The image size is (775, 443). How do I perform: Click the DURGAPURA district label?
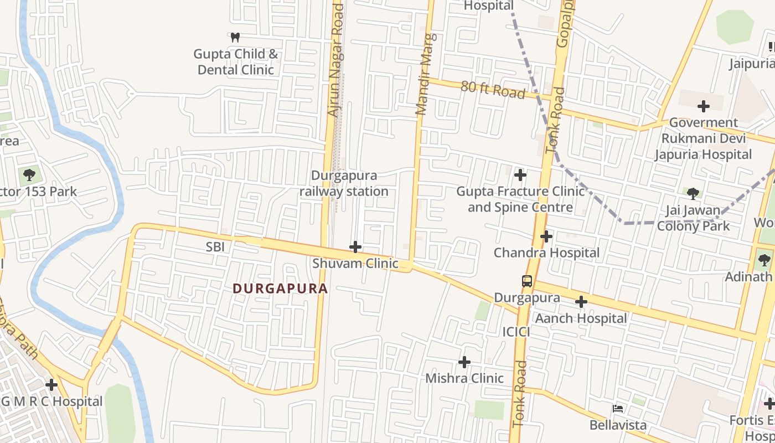pyautogui.click(x=280, y=289)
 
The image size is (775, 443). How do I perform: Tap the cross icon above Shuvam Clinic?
pyautogui.click(x=355, y=247)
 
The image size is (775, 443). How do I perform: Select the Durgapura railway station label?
pyautogui.click(x=344, y=183)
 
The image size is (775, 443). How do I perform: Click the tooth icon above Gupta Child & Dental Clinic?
pyautogui.click(x=235, y=38)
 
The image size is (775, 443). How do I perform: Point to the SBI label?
pyautogui.click(x=215, y=247)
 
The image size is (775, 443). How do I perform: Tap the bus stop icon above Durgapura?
pyautogui.click(x=527, y=281)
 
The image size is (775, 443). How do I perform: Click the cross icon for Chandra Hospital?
pyautogui.click(x=546, y=237)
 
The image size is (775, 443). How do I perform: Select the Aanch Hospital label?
pyautogui.click(x=581, y=318)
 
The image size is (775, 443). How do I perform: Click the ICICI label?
pyautogui.click(x=516, y=332)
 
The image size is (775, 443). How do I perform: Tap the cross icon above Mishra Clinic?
pyautogui.click(x=464, y=362)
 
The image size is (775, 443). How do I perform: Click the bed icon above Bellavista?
pyautogui.click(x=618, y=409)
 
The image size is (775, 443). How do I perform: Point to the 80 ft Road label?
pyautogui.click(x=493, y=89)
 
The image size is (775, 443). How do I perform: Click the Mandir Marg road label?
pyautogui.click(x=425, y=74)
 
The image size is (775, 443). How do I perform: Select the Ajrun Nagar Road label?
pyautogui.click(x=336, y=60)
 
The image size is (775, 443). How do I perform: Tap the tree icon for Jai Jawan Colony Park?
pyautogui.click(x=693, y=193)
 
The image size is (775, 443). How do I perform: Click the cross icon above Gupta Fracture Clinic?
pyautogui.click(x=520, y=176)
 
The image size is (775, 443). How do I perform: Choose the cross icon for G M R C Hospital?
pyautogui.click(x=51, y=384)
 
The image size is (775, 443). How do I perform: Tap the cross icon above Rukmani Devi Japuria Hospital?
pyautogui.click(x=704, y=106)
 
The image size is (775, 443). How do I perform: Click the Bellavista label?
pyautogui.click(x=618, y=425)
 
